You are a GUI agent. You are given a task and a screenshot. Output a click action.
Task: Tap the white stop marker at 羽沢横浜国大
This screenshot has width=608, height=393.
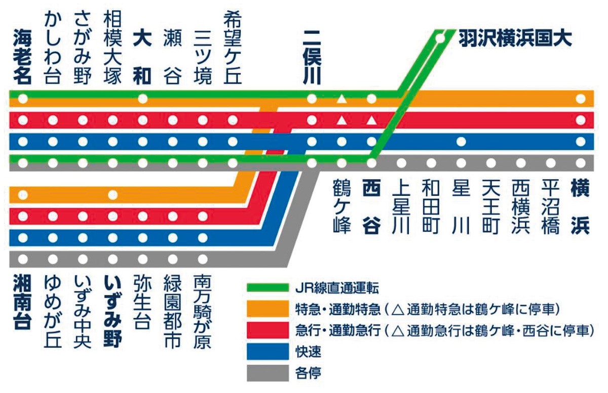[440, 38]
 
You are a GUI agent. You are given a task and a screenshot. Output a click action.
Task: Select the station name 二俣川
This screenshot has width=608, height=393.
[312, 58]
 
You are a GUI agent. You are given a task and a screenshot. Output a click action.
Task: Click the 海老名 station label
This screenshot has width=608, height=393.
[23, 58]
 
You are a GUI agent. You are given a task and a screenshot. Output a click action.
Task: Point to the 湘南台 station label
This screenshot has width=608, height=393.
[23, 302]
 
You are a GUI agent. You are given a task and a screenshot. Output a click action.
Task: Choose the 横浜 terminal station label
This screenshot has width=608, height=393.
[580, 206]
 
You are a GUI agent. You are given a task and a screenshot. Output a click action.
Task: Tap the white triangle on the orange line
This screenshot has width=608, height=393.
[341, 99]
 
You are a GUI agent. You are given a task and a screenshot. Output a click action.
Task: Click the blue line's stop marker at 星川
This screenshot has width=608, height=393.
[461, 142]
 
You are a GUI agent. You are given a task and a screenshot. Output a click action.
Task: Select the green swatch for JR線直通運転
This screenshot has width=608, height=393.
[268, 288]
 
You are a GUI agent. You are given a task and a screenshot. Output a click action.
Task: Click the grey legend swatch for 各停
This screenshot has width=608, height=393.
[268, 373]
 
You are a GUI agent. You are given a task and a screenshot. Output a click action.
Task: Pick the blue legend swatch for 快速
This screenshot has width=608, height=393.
[268, 352]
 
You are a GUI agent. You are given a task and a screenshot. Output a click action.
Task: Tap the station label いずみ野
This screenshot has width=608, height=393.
[112, 311]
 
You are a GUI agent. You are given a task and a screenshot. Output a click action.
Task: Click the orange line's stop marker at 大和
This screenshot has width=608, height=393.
[143, 99]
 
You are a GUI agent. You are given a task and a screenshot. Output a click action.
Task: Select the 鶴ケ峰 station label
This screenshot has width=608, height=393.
[341, 206]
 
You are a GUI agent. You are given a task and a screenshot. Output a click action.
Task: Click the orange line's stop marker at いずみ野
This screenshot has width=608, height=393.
[112, 195]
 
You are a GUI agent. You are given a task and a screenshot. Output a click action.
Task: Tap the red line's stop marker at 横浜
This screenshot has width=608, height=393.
[581, 120]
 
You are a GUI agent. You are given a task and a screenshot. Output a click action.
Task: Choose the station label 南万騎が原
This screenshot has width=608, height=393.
[203, 311]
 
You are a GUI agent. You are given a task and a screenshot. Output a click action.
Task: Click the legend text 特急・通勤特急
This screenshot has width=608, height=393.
[338, 310]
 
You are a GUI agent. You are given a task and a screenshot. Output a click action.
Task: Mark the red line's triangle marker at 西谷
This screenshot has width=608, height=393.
[371, 120]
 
